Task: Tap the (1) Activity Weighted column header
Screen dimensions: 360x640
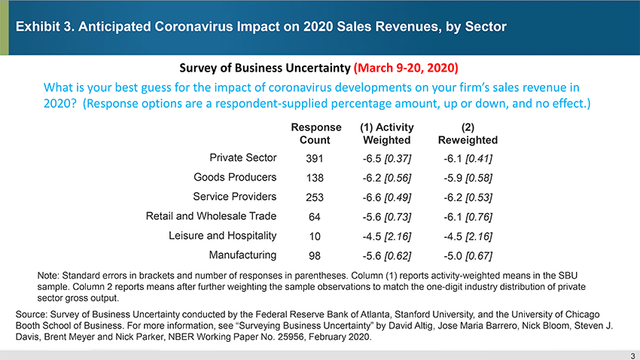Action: [x=386, y=133]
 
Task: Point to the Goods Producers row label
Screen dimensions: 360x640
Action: [x=235, y=177]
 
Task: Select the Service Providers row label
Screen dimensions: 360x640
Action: [x=235, y=197]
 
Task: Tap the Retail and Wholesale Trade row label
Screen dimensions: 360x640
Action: [x=211, y=216]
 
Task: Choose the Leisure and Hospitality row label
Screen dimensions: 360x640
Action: [x=223, y=235]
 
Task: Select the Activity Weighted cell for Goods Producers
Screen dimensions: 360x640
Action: [x=386, y=178]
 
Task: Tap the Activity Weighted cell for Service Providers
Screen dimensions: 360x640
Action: [x=386, y=197]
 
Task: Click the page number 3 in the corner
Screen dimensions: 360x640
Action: [x=632, y=355]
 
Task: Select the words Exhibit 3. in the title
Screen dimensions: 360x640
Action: [x=47, y=27]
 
